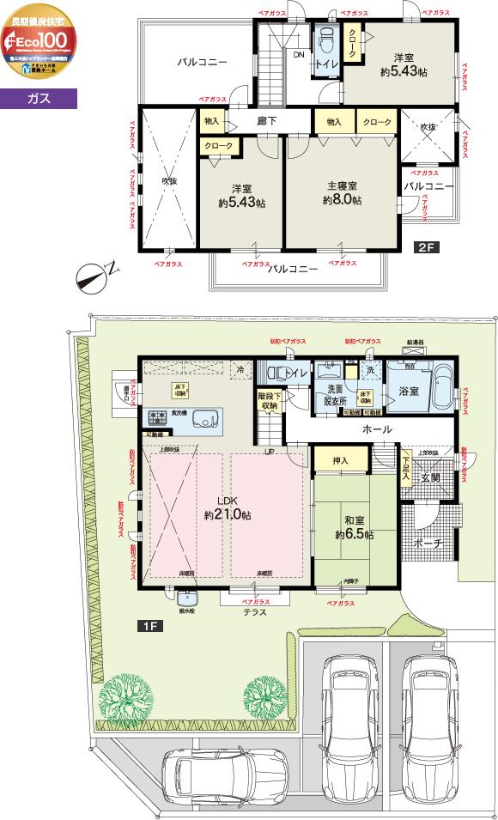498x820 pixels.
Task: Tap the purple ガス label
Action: point(39,98)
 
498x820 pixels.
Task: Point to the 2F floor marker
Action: point(427,248)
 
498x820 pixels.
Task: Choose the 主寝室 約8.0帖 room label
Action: point(342,192)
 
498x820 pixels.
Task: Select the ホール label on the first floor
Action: point(378,428)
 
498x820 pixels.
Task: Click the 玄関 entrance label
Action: point(430,477)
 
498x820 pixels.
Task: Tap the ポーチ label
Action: point(426,543)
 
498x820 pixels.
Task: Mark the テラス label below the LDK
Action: point(255,612)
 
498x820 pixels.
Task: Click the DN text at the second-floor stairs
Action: point(299,55)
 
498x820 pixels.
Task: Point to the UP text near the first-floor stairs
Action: point(270,452)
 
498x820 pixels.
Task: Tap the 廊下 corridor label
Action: point(267,123)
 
